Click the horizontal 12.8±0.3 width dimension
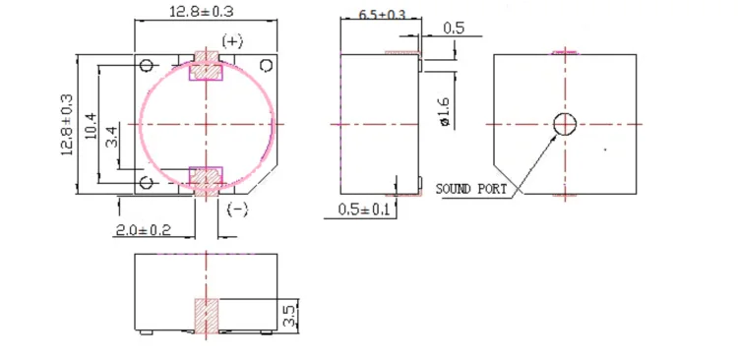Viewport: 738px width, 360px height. [x=201, y=11]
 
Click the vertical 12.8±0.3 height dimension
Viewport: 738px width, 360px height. [x=67, y=124]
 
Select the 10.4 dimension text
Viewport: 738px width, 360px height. [x=92, y=126]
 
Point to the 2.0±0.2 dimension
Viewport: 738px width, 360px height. [x=143, y=230]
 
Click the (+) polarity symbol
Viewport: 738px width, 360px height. [x=232, y=41]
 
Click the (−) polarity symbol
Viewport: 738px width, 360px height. [x=237, y=209]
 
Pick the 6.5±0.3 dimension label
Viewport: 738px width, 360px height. [x=382, y=15]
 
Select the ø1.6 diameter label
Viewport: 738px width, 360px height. [x=445, y=111]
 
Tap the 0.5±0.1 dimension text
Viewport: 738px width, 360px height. [x=364, y=210]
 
